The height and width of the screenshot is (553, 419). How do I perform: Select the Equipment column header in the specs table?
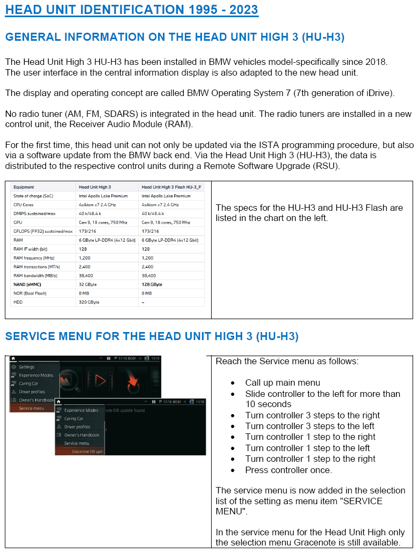[x=24, y=187]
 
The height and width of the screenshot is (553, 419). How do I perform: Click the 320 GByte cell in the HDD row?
[x=89, y=302]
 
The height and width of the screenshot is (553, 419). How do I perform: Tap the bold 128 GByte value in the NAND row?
[x=152, y=284]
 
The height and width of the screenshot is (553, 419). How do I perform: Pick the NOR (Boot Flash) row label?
[x=30, y=293]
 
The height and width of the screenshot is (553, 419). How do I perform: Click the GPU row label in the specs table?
[x=18, y=222]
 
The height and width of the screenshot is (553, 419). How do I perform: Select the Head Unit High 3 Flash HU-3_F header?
[x=172, y=187]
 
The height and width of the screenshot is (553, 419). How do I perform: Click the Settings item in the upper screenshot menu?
[x=27, y=367]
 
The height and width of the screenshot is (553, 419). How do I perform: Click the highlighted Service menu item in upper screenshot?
[x=32, y=408]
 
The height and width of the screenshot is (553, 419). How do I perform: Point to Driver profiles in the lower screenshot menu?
[x=77, y=427]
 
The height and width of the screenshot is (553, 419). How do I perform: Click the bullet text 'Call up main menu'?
[x=282, y=383]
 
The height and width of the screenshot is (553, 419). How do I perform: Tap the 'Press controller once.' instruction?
[x=288, y=470]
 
